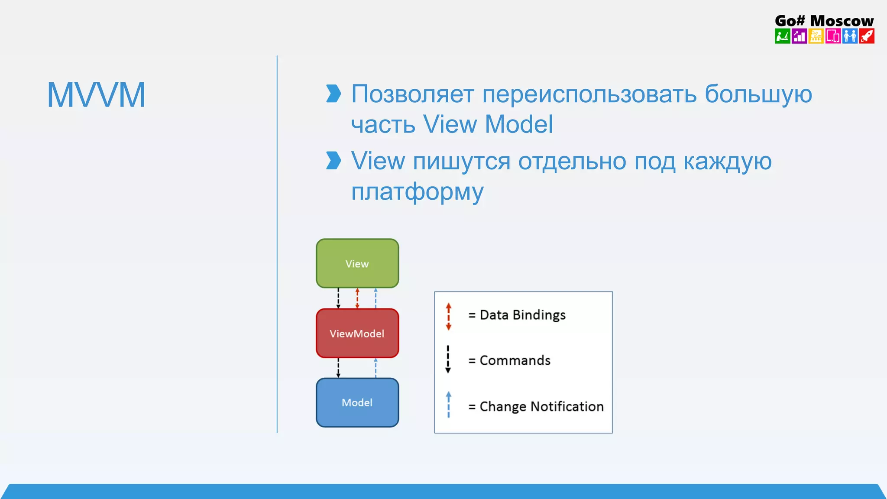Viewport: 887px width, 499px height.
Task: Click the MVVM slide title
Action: pos(96,95)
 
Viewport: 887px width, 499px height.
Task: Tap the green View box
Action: pos(357,263)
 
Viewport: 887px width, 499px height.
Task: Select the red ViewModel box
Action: pos(357,333)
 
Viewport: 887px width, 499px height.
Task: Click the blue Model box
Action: pos(357,402)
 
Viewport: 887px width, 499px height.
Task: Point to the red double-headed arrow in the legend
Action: pos(448,317)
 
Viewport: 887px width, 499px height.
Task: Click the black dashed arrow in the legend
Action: pos(448,360)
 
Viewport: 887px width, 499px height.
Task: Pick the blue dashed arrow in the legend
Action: pos(448,405)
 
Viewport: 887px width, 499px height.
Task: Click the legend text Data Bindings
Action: pos(522,315)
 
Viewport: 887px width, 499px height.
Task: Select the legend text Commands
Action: pos(515,360)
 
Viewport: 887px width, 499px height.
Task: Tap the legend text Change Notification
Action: pos(541,406)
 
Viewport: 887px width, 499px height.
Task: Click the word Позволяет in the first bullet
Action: pos(412,94)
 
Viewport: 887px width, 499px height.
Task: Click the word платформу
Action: pos(417,192)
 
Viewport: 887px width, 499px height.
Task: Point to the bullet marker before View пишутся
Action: pos(333,161)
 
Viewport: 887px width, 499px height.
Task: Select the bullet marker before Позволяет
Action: pos(333,94)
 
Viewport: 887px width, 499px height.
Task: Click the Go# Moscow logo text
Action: pos(824,20)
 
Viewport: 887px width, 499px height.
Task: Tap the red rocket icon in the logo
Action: pos(867,36)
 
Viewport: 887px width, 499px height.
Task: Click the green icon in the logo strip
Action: pos(782,36)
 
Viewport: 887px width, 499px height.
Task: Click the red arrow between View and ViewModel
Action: pos(357,298)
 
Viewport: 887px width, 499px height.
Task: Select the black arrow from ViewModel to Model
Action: pos(338,368)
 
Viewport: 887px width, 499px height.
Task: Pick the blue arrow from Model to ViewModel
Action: pos(376,368)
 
